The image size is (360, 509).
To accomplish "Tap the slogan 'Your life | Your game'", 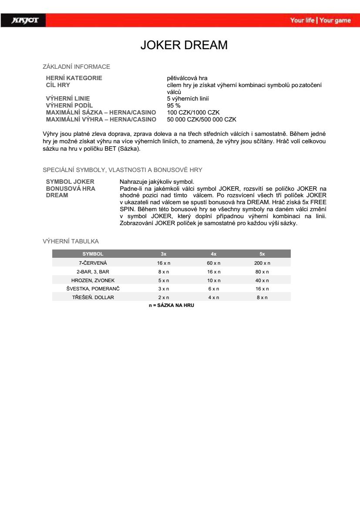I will point(320,20).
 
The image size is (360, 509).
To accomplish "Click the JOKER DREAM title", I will point(184,45).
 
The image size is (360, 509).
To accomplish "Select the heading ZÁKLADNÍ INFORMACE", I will point(76,67).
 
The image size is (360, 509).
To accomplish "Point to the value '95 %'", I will point(174,105).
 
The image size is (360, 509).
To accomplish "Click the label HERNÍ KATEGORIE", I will point(74,78).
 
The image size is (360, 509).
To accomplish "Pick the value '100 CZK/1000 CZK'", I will point(193,112).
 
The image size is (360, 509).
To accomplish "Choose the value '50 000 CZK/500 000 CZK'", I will point(202,119).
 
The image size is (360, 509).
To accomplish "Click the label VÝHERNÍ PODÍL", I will point(69,105).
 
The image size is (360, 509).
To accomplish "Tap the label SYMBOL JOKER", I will point(70,182).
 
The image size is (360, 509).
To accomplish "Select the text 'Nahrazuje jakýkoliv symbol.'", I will point(156,182).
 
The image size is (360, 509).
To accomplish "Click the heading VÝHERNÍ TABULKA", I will point(71,241).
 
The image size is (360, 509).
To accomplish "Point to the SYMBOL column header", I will point(93,254).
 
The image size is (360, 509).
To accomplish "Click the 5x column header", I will point(262,254).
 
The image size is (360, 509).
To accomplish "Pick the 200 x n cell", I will point(262,263).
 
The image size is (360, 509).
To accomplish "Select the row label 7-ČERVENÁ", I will point(93,263).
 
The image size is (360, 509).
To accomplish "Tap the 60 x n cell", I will point(213,263).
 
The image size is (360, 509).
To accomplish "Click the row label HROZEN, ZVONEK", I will point(93,280).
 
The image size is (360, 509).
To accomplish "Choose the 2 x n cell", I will point(163,297).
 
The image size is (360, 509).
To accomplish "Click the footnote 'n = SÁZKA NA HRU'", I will point(171,306).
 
